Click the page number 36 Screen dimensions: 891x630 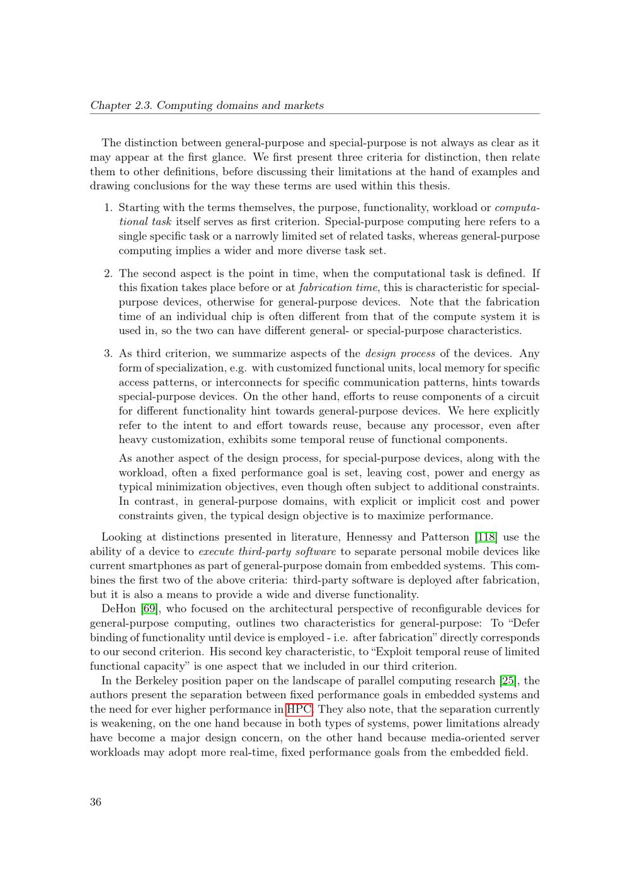click(x=96, y=802)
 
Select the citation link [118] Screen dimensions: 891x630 click(x=486, y=537)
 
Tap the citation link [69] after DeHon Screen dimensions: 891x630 click(x=149, y=609)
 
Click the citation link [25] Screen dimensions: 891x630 click(x=508, y=681)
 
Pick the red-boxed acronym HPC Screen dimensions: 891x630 click(x=299, y=709)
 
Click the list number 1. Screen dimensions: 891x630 click(x=108, y=207)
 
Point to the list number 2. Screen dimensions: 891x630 click(x=108, y=273)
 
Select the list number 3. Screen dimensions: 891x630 click(x=108, y=354)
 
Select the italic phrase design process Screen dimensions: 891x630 click(x=400, y=354)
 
